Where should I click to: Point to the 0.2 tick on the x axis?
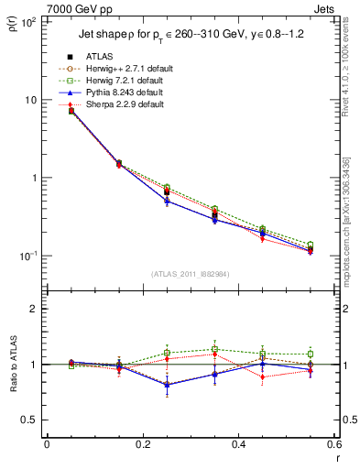tap(142, 444)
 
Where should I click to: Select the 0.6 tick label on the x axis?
tap(333, 444)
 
